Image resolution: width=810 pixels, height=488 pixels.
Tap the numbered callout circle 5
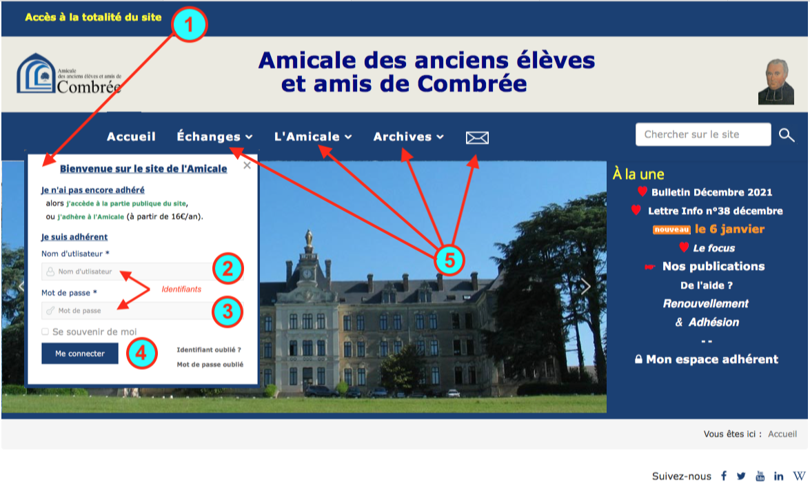(449, 260)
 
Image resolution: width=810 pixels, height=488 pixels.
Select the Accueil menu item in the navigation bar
(131, 136)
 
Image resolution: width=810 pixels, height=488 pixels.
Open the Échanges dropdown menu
(214, 136)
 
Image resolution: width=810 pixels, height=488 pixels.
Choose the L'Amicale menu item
(313, 136)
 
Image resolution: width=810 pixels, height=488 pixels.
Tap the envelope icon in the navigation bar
(477, 138)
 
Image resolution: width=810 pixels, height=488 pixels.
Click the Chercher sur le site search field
(702, 134)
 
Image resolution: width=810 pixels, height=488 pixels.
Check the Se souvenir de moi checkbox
(45, 332)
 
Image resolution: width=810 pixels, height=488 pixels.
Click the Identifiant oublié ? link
(209, 349)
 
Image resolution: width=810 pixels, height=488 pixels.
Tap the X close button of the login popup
(247, 165)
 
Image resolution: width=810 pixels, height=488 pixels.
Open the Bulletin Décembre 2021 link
(711, 192)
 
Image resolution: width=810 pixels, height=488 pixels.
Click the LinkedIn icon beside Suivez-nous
(779, 476)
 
